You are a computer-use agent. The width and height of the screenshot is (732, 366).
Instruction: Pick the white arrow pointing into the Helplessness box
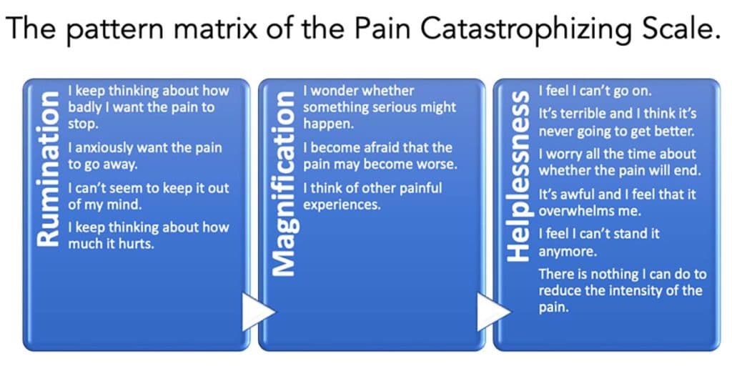[x=493, y=312]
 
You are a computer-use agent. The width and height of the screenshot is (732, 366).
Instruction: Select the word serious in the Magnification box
[x=398, y=107]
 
